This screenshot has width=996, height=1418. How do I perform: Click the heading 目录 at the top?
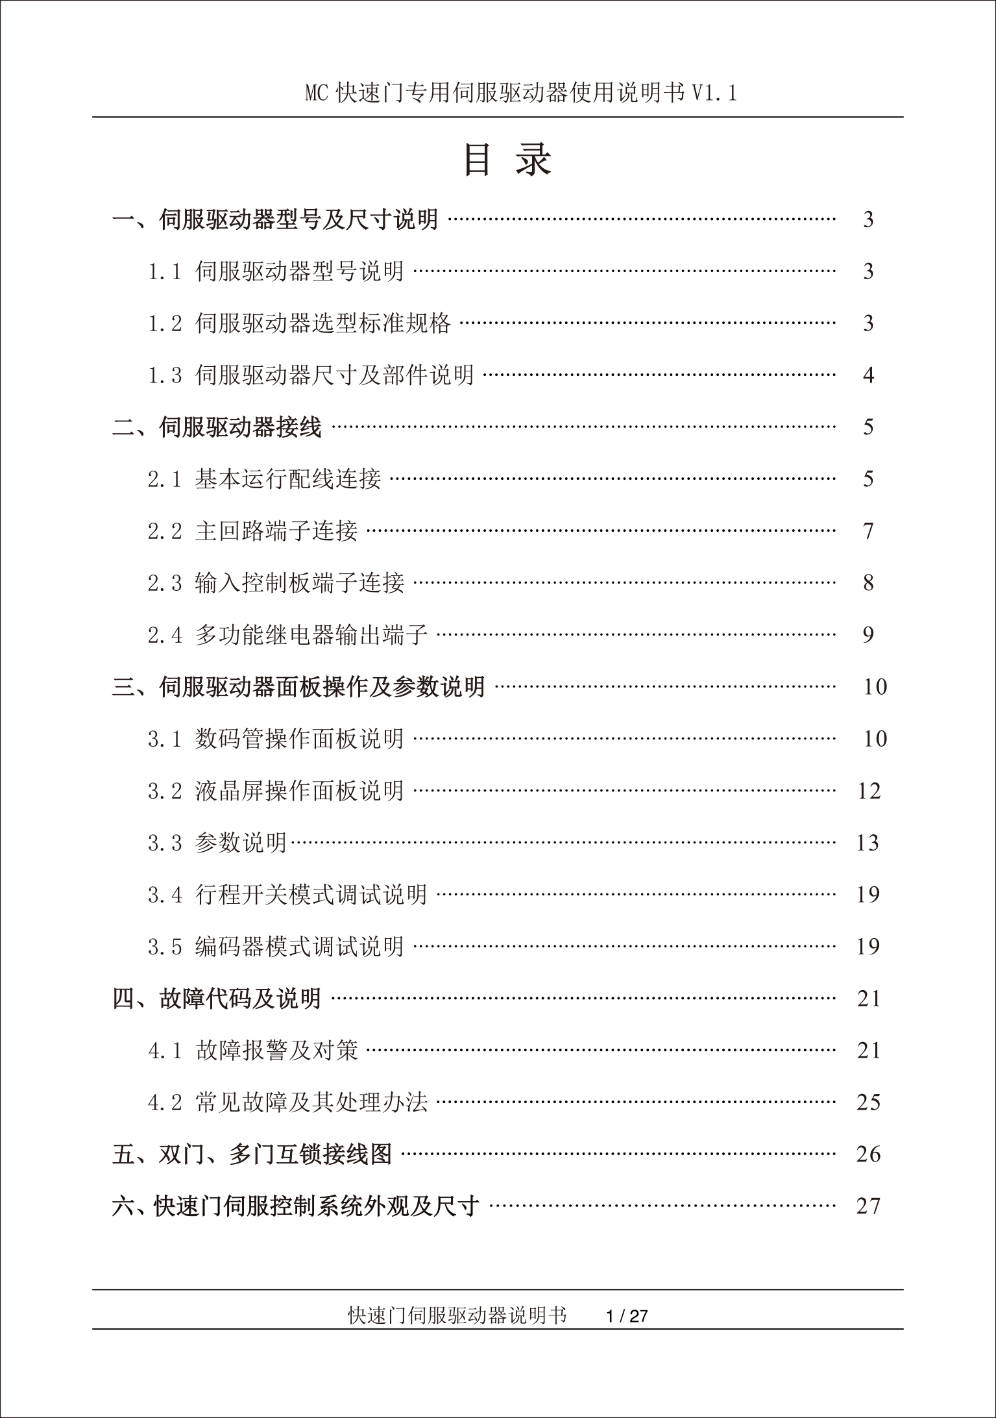(x=508, y=160)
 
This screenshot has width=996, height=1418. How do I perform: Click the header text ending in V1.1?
(x=521, y=93)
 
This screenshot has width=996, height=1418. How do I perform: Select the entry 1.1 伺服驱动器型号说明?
(x=276, y=271)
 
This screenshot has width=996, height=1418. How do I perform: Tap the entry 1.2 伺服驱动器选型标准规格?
(x=299, y=323)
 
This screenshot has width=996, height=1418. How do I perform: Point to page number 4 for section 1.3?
(x=869, y=375)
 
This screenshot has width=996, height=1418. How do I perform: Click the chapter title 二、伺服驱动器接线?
(x=217, y=427)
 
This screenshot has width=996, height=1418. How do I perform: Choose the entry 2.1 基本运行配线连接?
(x=264, y=479)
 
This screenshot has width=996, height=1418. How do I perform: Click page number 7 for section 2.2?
(x=869, y=531)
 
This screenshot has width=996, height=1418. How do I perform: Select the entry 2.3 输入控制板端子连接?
(x=276, y=583)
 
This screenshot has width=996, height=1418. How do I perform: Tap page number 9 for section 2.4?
(x=869, y=635)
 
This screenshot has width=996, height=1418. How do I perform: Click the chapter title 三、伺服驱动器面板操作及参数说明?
(x=298, y=687)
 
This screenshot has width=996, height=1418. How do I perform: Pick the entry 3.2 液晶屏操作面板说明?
(x=276, y=791)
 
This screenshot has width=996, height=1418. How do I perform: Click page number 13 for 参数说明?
(x=868, y=843)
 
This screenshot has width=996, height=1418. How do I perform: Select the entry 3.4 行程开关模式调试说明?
(x=287, y=895)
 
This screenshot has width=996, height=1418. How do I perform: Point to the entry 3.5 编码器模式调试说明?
(x=276, y=947)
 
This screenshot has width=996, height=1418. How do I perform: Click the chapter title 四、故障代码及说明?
(x=217, y=999)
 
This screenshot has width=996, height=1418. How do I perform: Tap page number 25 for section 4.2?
(x=868, y=1102)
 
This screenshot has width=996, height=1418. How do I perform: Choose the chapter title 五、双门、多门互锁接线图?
(x=252, y=1154)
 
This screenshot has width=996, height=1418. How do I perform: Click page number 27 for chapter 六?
(x=868, y=1206)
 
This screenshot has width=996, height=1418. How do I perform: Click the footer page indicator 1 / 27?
(x=626, y=1316)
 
